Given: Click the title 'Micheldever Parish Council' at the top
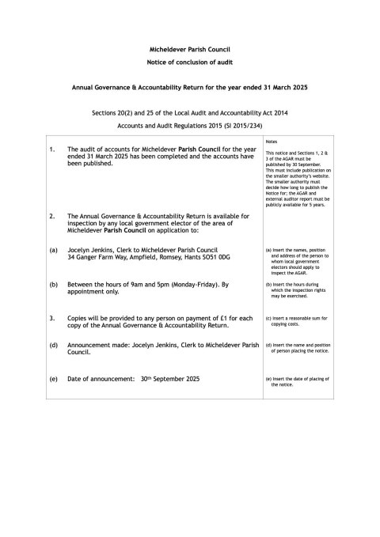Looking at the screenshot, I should pos(189,49).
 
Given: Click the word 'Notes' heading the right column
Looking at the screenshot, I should pos(272,139).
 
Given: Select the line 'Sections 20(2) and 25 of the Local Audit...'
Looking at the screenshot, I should pos(189,113).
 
